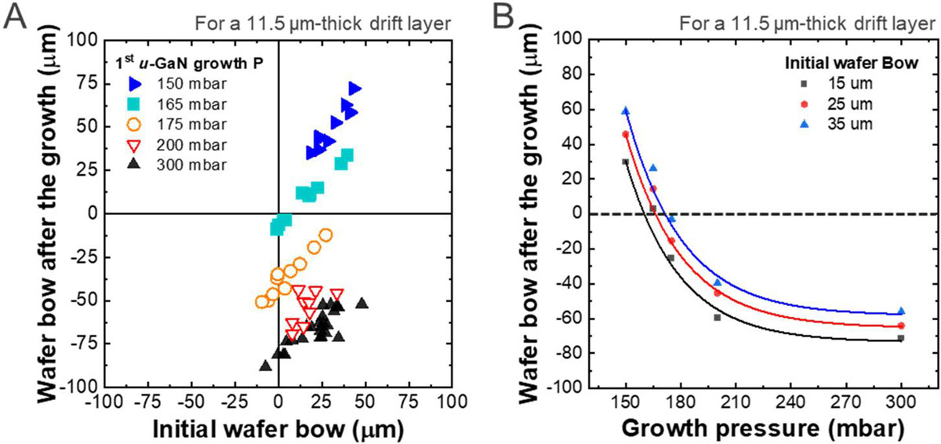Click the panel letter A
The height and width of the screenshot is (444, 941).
click(15, 18)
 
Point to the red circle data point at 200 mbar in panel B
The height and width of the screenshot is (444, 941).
click(718, 293)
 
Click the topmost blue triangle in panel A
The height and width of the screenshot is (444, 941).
click(354, 89)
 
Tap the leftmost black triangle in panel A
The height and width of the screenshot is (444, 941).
click(265, 366)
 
